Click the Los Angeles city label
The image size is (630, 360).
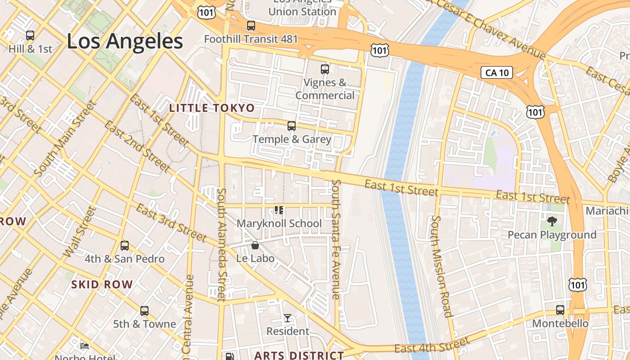125,41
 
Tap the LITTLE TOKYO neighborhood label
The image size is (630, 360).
211,108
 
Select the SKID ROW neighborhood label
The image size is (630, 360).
102,284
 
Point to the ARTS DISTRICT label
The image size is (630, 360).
299,355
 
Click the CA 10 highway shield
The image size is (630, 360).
497,72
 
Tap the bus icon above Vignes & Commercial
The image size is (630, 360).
325,69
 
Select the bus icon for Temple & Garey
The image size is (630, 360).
292,126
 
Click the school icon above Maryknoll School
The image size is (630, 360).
279,210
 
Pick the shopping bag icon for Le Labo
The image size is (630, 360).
255,245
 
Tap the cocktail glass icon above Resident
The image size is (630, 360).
288,318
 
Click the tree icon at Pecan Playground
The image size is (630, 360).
552,221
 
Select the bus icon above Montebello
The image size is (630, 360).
560,310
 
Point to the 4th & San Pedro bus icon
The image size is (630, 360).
125,246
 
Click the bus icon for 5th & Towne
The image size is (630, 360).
144,311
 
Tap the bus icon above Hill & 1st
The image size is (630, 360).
30,35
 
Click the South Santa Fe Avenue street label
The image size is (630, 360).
336,239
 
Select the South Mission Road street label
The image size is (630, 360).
441,266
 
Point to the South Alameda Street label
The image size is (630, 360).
221,245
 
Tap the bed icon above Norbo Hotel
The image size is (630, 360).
85,346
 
